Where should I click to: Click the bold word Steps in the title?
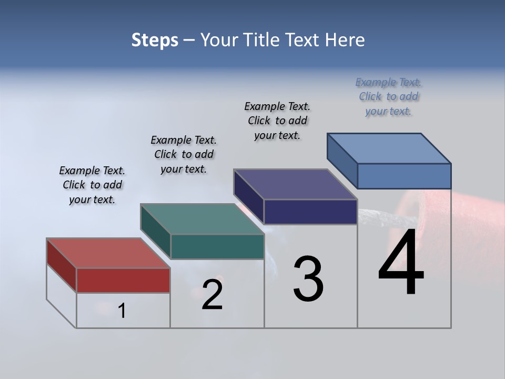pos(155,41)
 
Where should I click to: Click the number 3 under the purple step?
pos(308,279)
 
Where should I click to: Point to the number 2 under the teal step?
pos(212,295)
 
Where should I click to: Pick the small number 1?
pos(122,311)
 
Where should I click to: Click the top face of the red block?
pos(108,253)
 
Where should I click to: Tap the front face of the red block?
pos(123,280)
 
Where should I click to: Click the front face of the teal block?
pos(217,246)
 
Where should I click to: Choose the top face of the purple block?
pos(296,184)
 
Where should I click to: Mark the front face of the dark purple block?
pos(310,212)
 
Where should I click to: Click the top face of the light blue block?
pos(389,148)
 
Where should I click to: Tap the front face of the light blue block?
pos(404,176)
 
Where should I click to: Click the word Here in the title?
pos(346,40)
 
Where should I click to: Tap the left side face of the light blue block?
pos(342,160)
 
